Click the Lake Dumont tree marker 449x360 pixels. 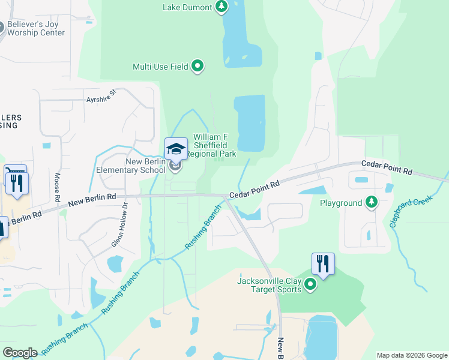click(222, 7)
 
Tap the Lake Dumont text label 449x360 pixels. click(187, 8)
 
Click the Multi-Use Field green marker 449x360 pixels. click(197, 67)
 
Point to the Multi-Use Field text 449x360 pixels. click(160, 67)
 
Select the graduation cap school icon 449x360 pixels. click(176, 149)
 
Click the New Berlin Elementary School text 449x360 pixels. click(131, 166)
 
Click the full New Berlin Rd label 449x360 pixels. click(92, 200)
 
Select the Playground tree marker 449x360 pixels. click(372, 203)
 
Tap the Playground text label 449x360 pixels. click(340, 203)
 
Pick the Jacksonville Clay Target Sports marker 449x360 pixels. click(310, 284)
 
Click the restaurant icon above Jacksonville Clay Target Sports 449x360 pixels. click(323, 263)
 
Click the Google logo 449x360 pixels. click(19, 353)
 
